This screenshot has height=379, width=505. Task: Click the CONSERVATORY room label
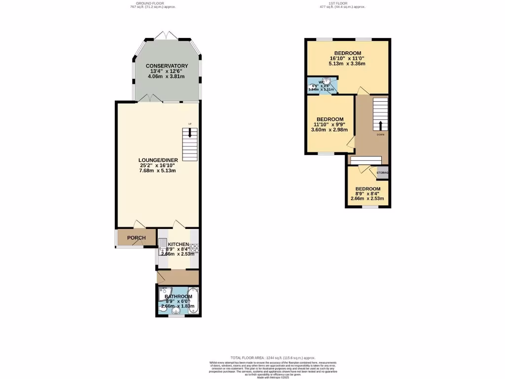click(167, 66)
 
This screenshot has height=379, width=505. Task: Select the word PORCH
click(136, 238)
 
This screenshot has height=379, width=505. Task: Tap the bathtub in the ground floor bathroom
click(193, 301)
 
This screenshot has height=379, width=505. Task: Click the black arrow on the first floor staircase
click(380, 124)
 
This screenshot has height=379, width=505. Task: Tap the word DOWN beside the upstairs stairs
click(380, 134)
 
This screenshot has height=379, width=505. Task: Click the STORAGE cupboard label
click(383, 173)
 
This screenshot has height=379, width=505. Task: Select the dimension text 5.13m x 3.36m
click(347, 63)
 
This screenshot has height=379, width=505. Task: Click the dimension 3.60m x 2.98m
click(329, 130)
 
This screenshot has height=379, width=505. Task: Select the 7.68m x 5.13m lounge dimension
click(157, 170)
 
